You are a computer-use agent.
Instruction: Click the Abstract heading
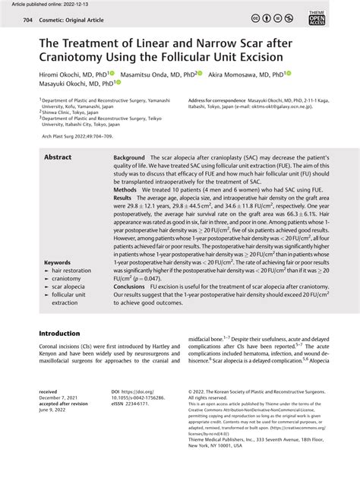tap(58, 157)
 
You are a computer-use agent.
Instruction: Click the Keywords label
tap(58, 261)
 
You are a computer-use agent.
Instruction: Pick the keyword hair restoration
tap(76, 271)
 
